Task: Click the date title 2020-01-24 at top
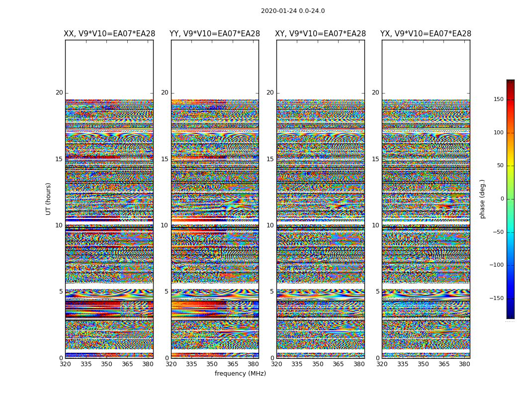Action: (x=293, y=11)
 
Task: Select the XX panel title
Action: (x=109, y=34)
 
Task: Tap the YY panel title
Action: (x=215, y=34)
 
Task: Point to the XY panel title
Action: (x=321, y=34)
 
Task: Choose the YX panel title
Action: (x=426, y=34)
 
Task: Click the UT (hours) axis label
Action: (x=49, y=199)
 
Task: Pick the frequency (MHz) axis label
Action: (x=240, y=374)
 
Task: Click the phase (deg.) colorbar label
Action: (x=483, y=199)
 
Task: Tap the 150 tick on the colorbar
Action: (x=498, y=99)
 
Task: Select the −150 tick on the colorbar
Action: (x=497, y=298)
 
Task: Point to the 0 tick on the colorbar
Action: (x=502, y=199)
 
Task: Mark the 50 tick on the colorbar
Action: (x=500, y=166)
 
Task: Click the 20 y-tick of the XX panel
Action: (x=59, y=93)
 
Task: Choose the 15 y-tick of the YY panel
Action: (x=165, y=159)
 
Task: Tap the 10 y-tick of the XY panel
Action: (x=270, y=225)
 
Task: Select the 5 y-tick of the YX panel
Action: (x=377, y=292)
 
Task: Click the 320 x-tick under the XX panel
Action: (x=66, y=364)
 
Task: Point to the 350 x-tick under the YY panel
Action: (x=212, y=364)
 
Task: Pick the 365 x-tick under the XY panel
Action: (x=338, y=364)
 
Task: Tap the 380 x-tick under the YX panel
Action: (x=464, y=364)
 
